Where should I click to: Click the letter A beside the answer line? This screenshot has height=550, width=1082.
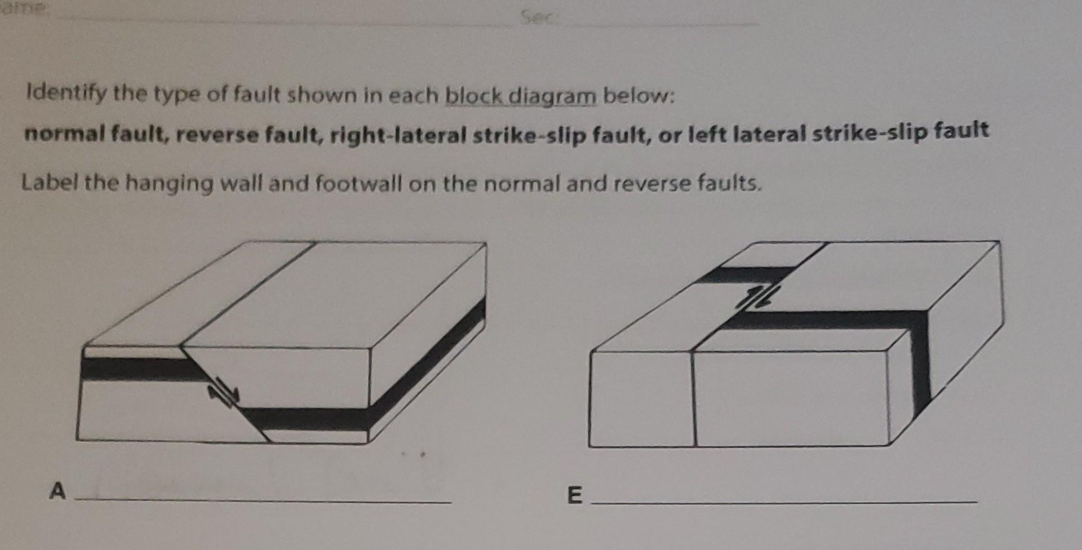click(x=57, y=491)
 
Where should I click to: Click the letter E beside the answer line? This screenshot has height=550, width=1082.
click(x=574, y=495)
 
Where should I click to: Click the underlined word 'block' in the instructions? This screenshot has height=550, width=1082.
click(x=474, y=96)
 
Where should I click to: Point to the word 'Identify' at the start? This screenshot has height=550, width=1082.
click(x=66, y=93)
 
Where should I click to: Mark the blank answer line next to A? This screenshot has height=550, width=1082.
click(x=263, y=500)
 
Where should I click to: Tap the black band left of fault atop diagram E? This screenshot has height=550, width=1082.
click(x=744, y=275)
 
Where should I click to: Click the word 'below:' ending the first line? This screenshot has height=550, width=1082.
click(x=638, y=96)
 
